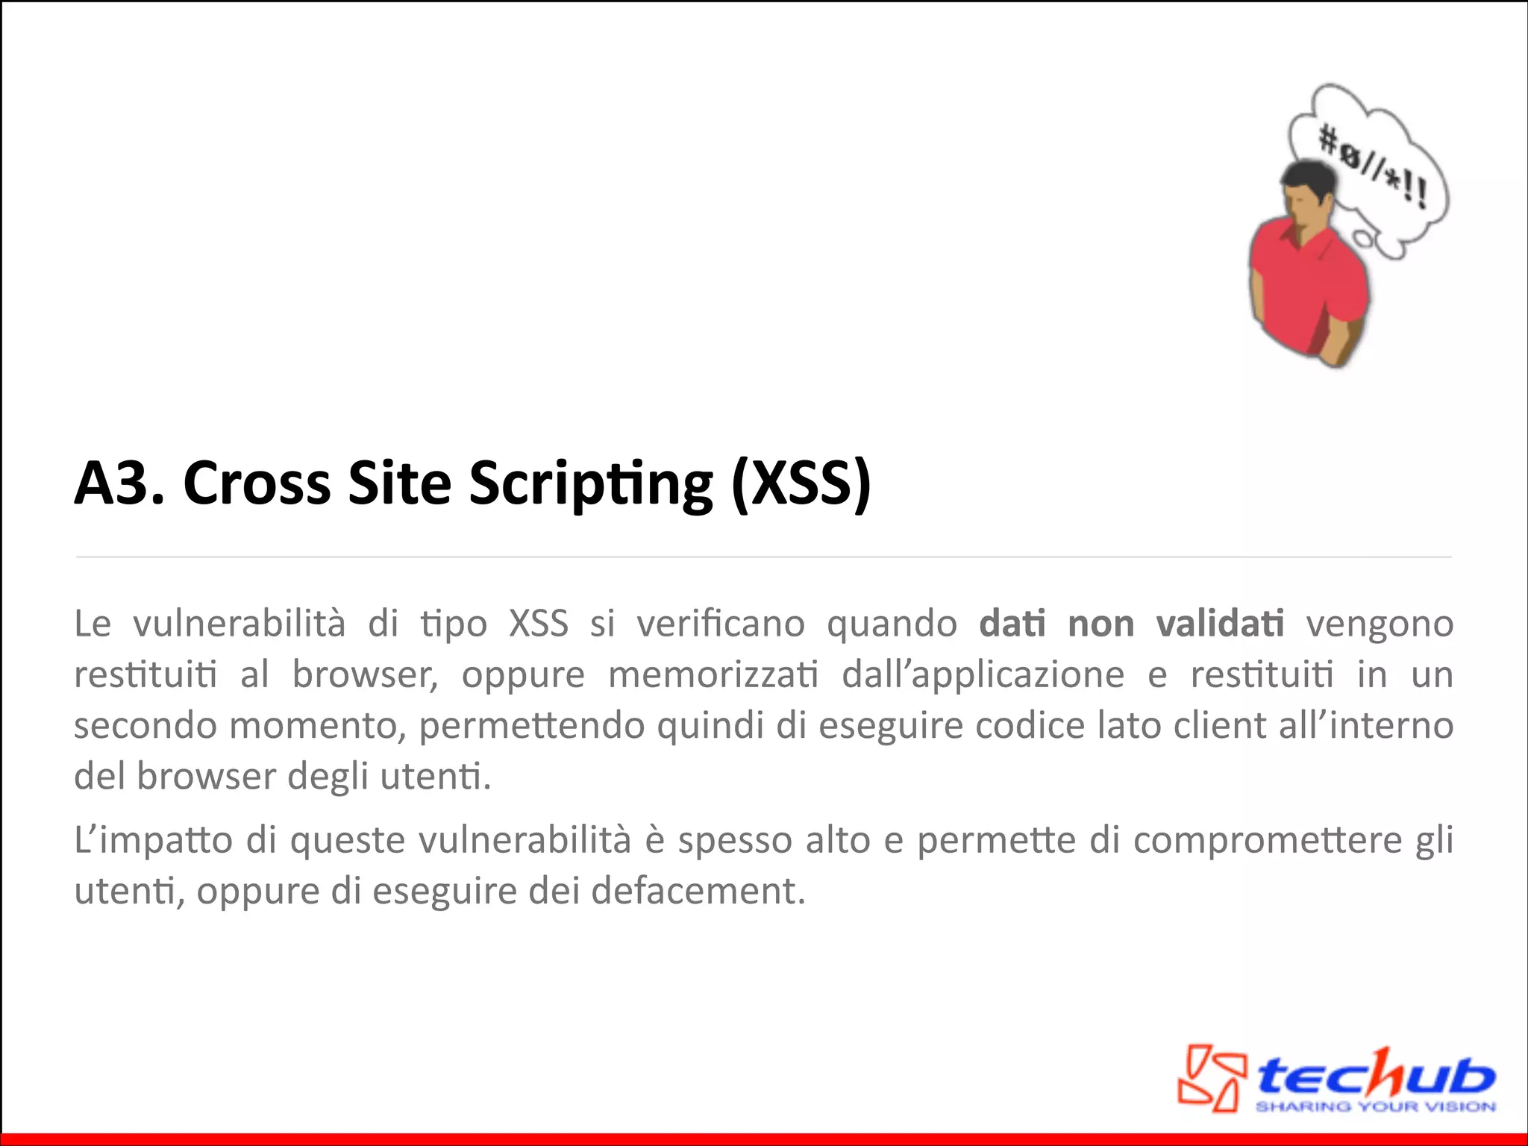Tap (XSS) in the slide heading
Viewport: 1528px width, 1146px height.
[x=801, y=483]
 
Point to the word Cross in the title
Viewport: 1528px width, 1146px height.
[x=257, y=483]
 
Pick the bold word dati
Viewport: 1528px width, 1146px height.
[x=1012, y=623]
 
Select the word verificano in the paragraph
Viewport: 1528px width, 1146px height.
[x=720, y=623]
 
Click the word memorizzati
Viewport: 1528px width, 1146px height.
[x=713, y=674]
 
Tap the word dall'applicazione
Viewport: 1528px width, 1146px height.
[x=983, y=674]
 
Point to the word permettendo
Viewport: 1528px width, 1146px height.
[x=532, y=726]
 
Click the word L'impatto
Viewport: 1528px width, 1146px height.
[x=154, y=841]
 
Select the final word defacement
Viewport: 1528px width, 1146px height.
[x=698, y=891]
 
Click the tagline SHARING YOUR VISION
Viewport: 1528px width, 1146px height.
[x=1375, y=1106]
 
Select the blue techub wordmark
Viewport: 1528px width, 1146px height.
[x=1375, y=1073]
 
